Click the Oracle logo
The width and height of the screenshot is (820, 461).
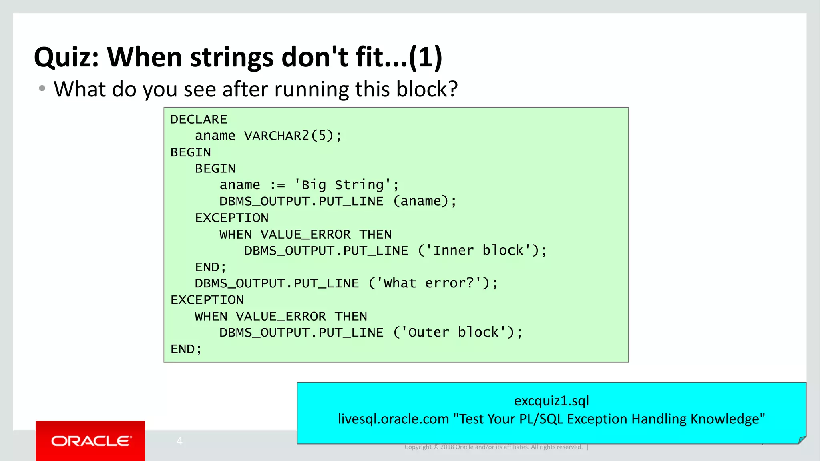pyautogui.click(x=91, y=441)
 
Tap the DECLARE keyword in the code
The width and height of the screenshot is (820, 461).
pyautogui.click(x=199, y=119)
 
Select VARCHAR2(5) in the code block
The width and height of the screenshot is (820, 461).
pyautogui.click(x=288, y=136)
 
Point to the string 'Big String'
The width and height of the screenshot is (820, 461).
pyautogui.click(x=342, y=185)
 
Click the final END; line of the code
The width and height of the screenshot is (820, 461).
pyautogui.click(x=186, y=349)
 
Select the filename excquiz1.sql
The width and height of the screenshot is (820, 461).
pyautogui.click(x=551, y=401)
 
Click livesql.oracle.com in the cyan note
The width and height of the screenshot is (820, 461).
pyautogui.click(x=393, y=419)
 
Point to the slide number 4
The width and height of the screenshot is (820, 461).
pyautogui.click(x=179, y=441)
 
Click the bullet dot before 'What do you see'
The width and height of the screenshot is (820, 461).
pyautogui.click(x=42, y=88)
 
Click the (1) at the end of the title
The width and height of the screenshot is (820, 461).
pyautogui.click(x=425, y=57)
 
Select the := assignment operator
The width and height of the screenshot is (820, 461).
pyautogui.click(x=277, y=185)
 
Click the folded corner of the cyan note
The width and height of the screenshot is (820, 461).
pyautogui.click(x=802, y=439)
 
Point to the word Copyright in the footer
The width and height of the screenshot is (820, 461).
pyautogui.click(x=418, y=447)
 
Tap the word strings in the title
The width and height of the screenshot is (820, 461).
pyautogui.click(x=232, y=57)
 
